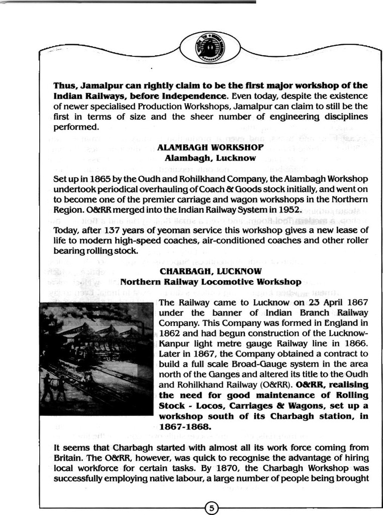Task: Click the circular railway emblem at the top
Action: pos(210,48)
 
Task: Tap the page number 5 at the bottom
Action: pos(212,508)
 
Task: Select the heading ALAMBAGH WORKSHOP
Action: pos(210,147)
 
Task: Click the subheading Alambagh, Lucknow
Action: pos(210,158)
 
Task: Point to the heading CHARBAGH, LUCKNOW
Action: pos(211,272)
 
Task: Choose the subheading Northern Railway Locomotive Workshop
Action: pos(211,282)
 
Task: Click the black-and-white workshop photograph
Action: pos(96,359)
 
